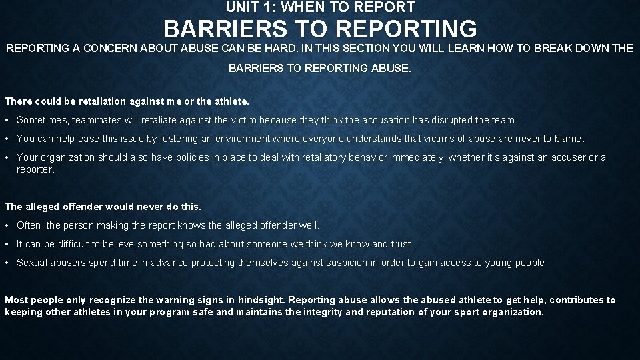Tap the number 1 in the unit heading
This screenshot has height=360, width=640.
click(x=266, y=7)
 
